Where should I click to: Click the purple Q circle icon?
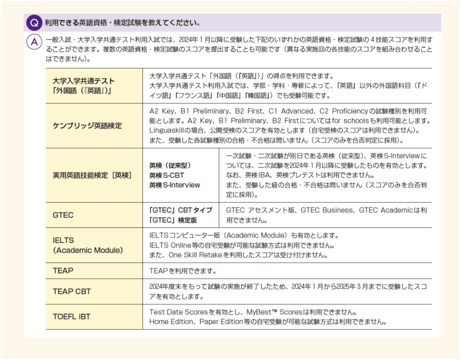click(x=35, y=22)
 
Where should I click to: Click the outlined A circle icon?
click(x=35, y=42)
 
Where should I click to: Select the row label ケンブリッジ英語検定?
click(x=87, y=126)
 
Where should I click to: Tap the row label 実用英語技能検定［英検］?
click(x=92, y=175)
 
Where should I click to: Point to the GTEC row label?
click(x=63, y=215)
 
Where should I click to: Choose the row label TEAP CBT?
click(x=72, y=291)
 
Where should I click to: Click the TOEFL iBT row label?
click(x=72, y=317)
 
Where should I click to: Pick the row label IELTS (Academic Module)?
click(x=87, y=245)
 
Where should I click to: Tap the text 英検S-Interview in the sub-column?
click(x=175, y=184)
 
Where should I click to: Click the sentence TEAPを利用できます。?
click(x=183, y=271)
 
